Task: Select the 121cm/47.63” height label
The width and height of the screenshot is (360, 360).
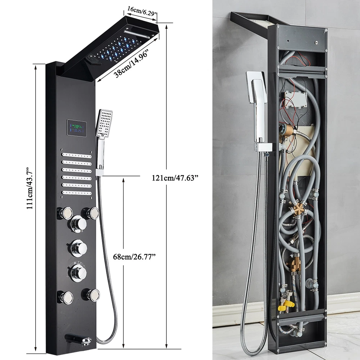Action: (175, 178)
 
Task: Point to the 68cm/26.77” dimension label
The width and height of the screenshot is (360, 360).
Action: (136, 256)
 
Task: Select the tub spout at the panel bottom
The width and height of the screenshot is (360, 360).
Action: (78, 339)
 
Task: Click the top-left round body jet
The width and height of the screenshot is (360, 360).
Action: (65, 213)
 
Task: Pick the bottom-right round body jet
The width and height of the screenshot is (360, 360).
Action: (91, 295)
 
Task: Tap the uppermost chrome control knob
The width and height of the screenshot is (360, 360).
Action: (78, 224)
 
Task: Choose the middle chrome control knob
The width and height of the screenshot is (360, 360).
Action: (78, 248)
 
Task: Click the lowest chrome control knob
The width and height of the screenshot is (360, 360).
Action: (78, 273)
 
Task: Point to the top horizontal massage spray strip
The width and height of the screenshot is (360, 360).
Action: (77, 156)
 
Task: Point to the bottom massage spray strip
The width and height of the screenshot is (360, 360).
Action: (77, 193)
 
